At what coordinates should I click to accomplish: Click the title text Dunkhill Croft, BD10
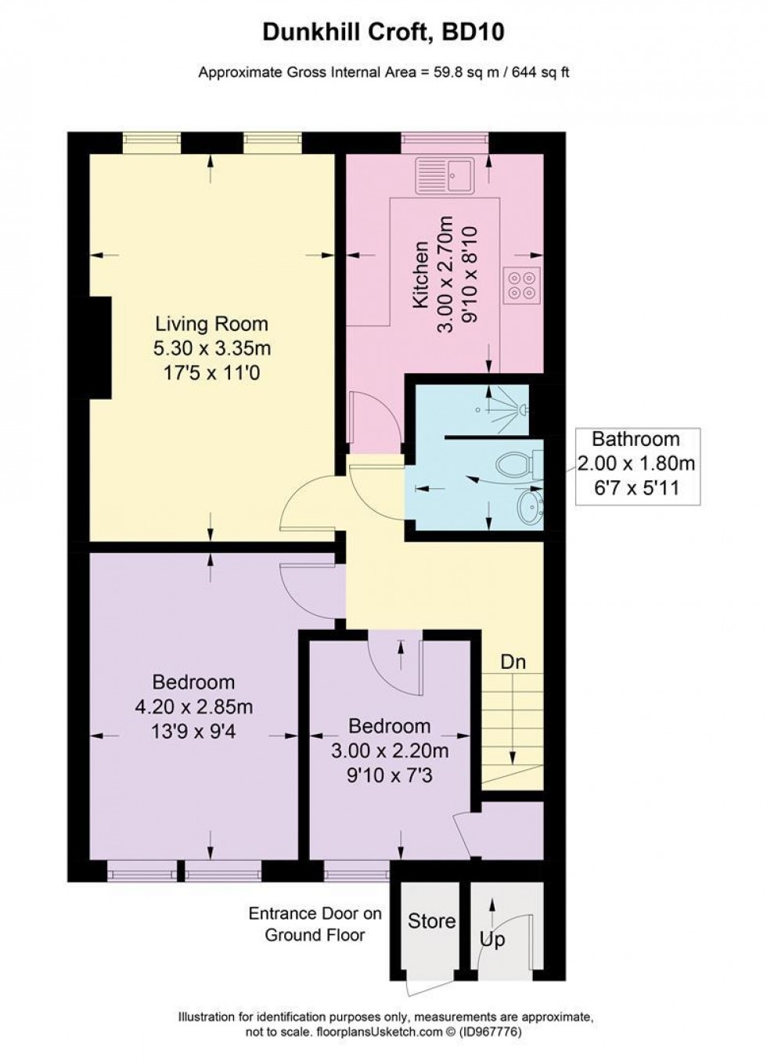point(383,32)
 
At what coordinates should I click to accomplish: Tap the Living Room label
point(211,324)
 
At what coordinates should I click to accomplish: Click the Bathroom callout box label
point(636,439)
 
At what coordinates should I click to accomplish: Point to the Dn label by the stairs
point(513,662)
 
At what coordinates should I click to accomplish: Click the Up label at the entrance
point(492,939)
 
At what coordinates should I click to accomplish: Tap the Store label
point(431,921)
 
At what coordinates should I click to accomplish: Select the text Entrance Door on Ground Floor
point(315,924)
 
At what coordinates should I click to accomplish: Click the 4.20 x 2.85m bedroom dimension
point(193,707)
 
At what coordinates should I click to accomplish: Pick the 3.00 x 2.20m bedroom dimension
point(389,751)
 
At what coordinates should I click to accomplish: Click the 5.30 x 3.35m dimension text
point(211,348)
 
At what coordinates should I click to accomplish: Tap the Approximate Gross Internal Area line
point(383,73)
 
